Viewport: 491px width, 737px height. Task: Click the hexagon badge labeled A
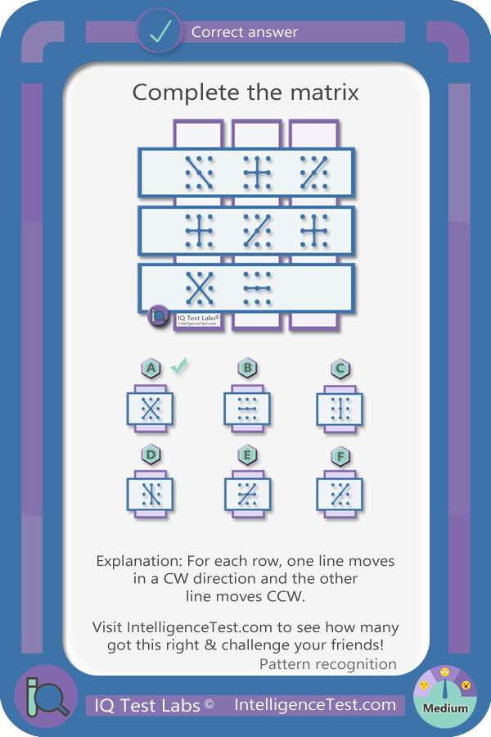(x=151, y=368)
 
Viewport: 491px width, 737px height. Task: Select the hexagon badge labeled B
(x=248, y=368)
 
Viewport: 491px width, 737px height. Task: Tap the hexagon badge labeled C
(x=340, y=369)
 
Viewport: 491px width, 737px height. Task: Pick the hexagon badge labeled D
(x=151, y=454)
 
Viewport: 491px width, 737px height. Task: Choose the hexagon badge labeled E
(x=248, y=455)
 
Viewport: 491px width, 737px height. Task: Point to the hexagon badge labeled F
(x=340, y=456)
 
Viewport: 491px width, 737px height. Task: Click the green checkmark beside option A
(x=178, y=365)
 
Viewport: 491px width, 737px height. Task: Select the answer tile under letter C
(x=340, y=409)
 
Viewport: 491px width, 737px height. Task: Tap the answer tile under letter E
(x=247, y=494)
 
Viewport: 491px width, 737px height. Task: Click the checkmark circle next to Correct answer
(x=160, y=30)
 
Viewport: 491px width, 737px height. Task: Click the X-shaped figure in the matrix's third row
(x=199, y=287)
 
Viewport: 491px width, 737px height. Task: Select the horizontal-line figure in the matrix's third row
(x=257, y=287)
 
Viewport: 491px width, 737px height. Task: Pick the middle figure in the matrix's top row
(x=257, y=173)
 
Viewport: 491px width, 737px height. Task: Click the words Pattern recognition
(x=328, y=664)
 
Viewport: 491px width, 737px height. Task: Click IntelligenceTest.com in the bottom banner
(x=315, y=704)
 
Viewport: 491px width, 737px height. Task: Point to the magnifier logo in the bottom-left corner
(x=46, y=696)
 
